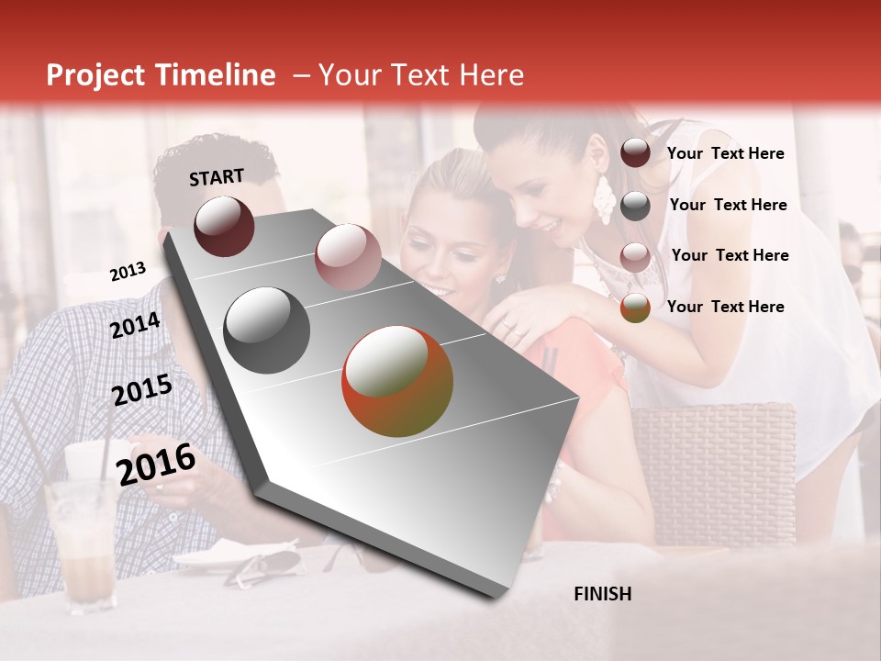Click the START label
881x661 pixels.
[217, 177]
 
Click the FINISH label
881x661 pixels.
[602, 594]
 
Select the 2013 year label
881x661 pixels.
[128, 272]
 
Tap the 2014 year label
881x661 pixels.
[135, 325]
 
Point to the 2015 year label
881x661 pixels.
[141, 390]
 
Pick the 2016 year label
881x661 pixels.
[156, 465]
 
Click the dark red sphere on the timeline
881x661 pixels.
[224, 226]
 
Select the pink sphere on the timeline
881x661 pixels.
[347, 257]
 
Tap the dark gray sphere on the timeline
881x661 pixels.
[267, 330]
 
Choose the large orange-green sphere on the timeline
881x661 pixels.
[397, 381]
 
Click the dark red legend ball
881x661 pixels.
[635, 152]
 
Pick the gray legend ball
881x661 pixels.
[635, 206]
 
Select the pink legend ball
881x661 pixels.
[635, 257]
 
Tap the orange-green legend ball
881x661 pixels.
[635, 308]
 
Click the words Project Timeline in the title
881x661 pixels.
[161, 75]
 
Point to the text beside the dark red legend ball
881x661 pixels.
[725, 153]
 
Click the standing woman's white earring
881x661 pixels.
[603, 199]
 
